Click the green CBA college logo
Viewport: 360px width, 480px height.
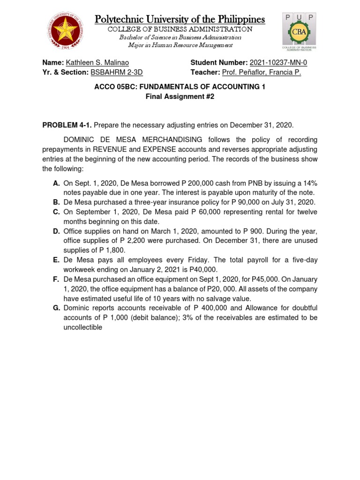299,31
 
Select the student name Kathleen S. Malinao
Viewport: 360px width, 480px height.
97,63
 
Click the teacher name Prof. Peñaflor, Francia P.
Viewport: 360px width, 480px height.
261,72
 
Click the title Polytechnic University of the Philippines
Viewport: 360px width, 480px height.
180,19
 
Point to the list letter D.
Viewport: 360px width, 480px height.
56,231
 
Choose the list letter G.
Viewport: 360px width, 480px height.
56,307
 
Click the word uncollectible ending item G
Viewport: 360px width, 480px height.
83,327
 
